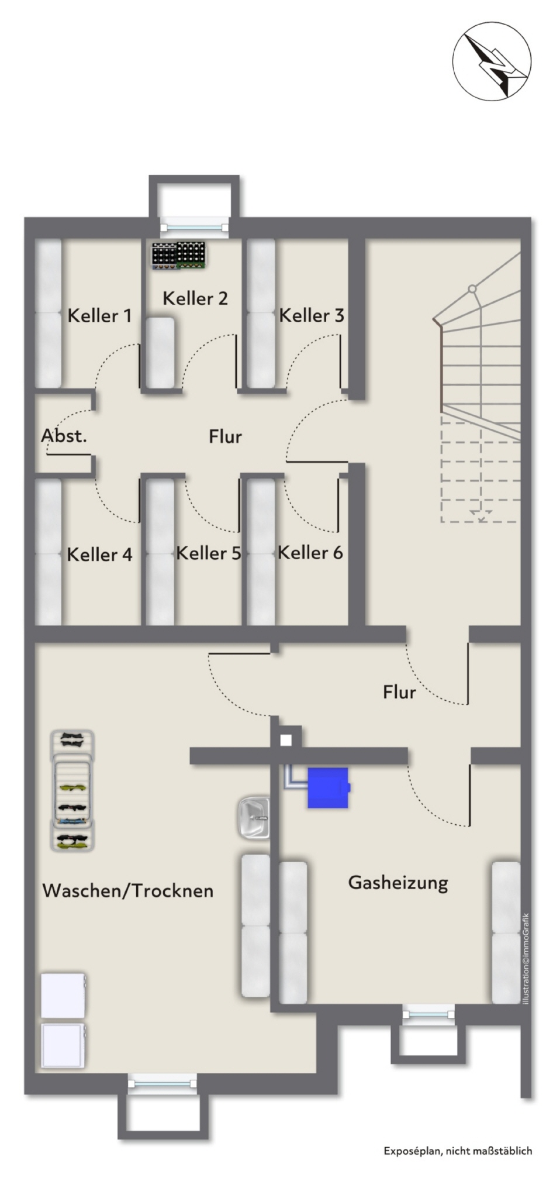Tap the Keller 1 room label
(x=99, y=316)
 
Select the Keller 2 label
(x=195, y=298)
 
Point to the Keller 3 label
(x=312, y=316)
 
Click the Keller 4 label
(x=99, y=555)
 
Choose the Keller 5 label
(x=208, y=553)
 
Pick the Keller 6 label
(x=310, y=553)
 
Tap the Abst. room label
(x=64, y=436)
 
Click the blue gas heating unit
(x=329, y=788)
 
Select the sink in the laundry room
(x=254, y=817)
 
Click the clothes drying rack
(x=72, y=790)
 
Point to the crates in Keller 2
(x=179, y=256)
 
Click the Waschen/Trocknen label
(x=128, y=891)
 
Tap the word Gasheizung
(x=398, y=883)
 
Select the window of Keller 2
(x=195, y=227)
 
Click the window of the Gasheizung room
(x=428, y=1014)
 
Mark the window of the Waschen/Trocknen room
(x=163, y=1083)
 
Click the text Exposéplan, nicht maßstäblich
(x=458, y=1151)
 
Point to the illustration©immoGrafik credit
(x=526, y=959)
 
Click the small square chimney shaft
(x=286, y=741)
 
